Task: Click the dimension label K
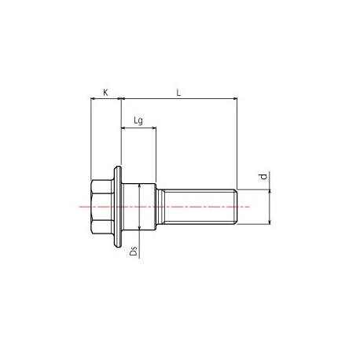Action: coord(106,93)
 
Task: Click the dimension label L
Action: coord(178,93)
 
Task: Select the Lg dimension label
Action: coord(138,119)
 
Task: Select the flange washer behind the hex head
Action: coord(119,207)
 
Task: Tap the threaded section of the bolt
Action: coord(197,207)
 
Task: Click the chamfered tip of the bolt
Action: coord(235,207)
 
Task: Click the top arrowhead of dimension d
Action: coord(270,192)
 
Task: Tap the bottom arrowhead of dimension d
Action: coord(270,222)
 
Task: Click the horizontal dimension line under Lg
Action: coord(138,126)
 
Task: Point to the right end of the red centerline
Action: coord(249,207)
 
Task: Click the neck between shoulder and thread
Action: coord(159,207)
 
